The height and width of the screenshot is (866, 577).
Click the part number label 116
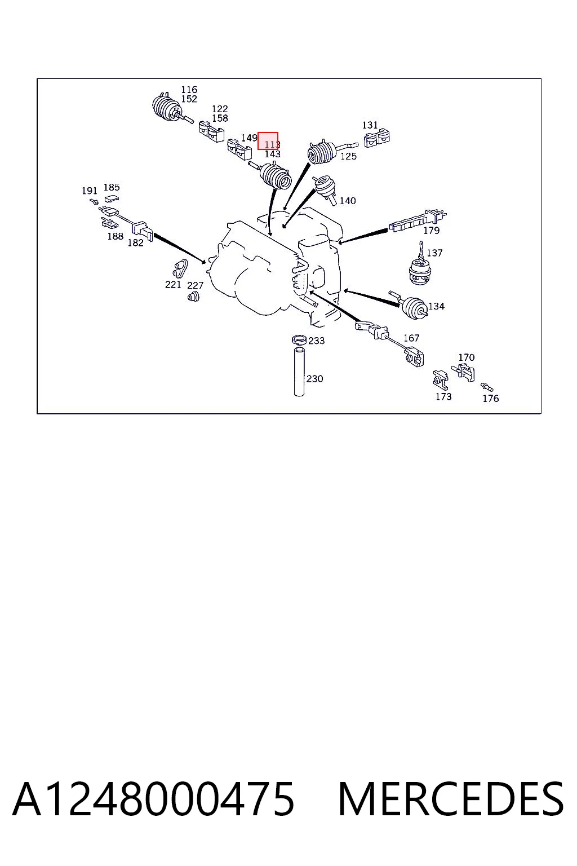pyautogui.click(x=189, y=90)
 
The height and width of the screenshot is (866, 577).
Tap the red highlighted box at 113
pyautogui.click(x=268, y=141)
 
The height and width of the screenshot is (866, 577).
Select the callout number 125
pyautogui.click(x=348, y=157)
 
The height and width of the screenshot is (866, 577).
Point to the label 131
pyautogui.click(x=370, y=125)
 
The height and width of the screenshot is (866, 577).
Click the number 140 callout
pyautogui.click(x=348, y=201)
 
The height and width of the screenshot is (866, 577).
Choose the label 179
pyautogui.click(x=431, y=231)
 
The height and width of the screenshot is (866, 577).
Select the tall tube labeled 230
pyautogui.click(x=299, y=372)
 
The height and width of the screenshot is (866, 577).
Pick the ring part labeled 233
pyautogui.click(x=299, y=340)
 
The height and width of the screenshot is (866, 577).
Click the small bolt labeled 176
pyautogui.click(x=487, y=387)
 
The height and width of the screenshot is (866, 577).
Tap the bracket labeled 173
pyautogui.click(x=440, y=380)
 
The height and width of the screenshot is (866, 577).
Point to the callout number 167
pyautogui.click(x=411, y=338)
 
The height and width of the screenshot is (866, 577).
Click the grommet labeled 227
pyautogui.click(x=193, y=297)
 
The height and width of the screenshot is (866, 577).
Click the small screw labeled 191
pyautogui.click(x=94, y=201)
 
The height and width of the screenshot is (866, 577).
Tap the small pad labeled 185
pyautogui.click(x=112, y=199)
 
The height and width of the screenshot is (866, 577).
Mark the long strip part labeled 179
pyautogui.click(x=418, y=222)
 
